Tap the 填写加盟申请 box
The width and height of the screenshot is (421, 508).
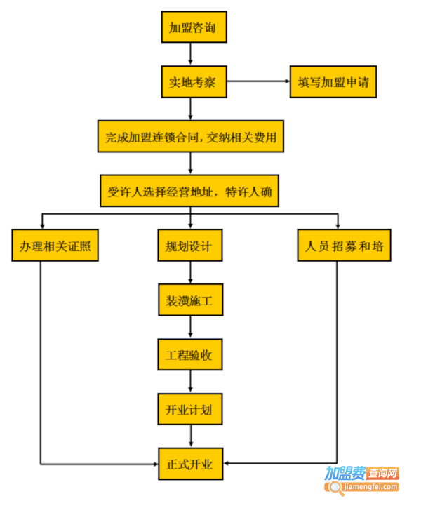click(333, 82)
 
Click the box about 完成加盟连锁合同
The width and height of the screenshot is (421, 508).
click(191, 138)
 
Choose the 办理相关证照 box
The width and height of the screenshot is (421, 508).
click(55, 246)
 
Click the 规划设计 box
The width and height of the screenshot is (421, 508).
click(189, 246)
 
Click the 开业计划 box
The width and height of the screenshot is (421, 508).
click(189, 409)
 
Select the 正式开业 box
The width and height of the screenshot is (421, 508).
click(189, 464)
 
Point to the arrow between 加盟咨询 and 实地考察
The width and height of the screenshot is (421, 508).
click(191, 55)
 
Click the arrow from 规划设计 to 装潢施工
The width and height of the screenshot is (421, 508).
click(189, 273)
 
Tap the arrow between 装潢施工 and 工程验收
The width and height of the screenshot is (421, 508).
click(189, 328)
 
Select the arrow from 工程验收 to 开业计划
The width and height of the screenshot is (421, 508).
click(189, 382)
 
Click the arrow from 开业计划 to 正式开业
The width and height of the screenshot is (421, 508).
click(189, 436)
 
